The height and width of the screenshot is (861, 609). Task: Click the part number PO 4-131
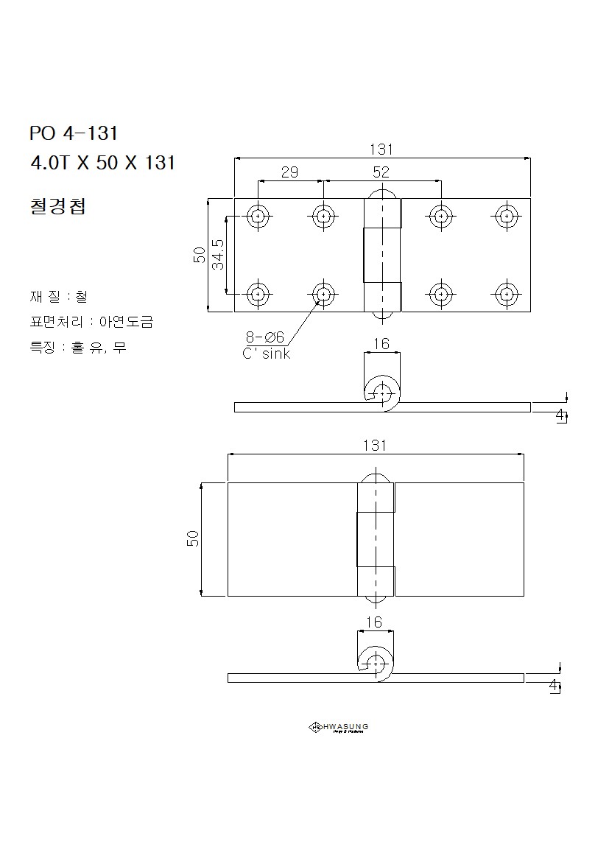74,133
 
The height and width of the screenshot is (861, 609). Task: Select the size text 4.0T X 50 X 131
102,163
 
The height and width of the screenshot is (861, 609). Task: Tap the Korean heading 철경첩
58,206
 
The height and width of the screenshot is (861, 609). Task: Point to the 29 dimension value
289,172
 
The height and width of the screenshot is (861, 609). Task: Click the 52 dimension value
381,172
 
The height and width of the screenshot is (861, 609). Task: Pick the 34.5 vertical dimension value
219,254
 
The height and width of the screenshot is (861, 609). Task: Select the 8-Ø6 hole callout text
264,337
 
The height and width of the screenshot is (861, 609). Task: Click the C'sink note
267,354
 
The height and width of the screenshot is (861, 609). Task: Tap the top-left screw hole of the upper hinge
258,217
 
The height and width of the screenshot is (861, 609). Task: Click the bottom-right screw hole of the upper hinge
506,294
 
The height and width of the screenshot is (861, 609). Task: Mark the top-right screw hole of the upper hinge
506,217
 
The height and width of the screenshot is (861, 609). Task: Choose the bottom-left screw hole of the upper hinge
258,294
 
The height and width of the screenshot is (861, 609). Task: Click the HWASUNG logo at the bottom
338,728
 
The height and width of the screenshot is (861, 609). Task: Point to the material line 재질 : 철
58,297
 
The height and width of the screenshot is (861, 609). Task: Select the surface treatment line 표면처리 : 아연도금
91,322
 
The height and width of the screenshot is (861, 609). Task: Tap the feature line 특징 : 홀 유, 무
78,347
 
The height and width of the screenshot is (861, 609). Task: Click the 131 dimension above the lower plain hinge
375,446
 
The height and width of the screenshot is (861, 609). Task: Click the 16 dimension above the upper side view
381,344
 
